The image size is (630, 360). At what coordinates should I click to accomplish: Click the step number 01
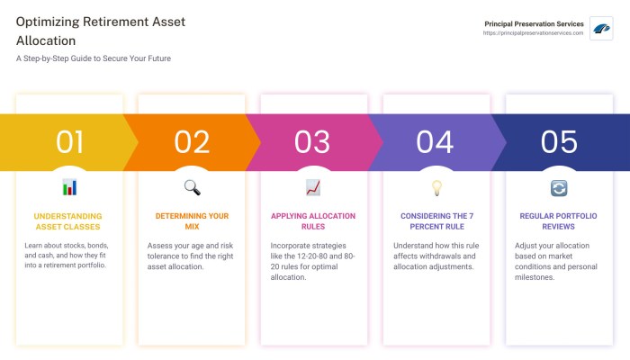click(x=69, y=142)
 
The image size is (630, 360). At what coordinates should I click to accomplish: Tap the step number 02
click(x=192, y=142)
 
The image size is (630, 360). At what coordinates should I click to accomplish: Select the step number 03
click(x=313, y=142)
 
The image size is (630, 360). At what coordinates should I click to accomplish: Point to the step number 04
click(x=436, y=142)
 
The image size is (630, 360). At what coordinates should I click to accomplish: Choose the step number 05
click(x=558, y=142)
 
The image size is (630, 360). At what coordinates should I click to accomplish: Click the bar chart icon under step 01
click(x=69, y=187)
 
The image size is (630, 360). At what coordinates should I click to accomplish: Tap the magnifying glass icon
click(x=192, y=187)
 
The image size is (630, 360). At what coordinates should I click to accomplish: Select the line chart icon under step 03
click(x=313, y=187)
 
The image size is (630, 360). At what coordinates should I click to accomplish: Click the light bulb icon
click(x=436, y=187)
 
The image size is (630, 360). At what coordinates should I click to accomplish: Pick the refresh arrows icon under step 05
click(x=559, y=187)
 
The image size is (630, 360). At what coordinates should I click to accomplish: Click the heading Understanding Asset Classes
click(x=68, y=221)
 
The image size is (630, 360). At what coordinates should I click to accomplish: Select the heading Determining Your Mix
click(x=192, y=221)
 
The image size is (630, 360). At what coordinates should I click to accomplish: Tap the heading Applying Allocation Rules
click(x=313, y=221)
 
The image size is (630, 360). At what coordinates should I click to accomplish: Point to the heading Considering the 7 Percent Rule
click(x=436, y=221)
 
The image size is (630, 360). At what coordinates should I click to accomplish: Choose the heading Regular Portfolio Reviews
click(x=559, y=221)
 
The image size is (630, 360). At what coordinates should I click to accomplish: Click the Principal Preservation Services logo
click(x=601, y=28)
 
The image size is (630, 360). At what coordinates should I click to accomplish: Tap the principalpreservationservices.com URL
click(x=533, y=33)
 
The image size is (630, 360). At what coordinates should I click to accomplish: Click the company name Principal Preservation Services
click(x=534, y=23)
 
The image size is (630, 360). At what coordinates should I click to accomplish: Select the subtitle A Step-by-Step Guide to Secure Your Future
click(x=94, y=58)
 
